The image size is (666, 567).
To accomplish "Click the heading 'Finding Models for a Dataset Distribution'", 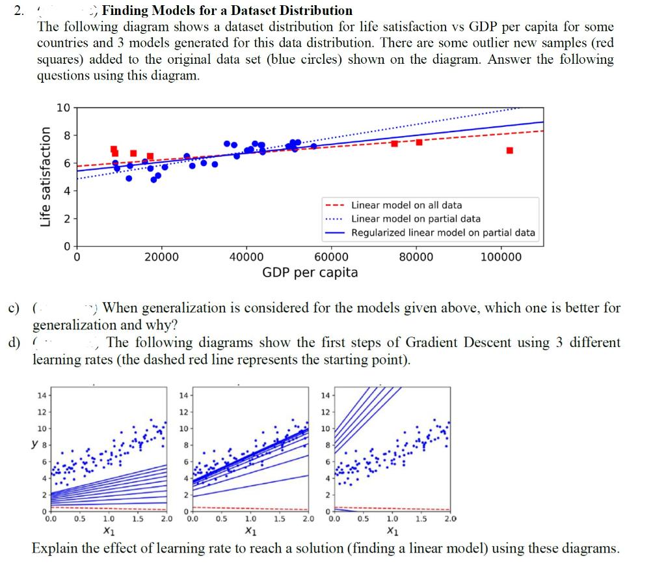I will point(228,10).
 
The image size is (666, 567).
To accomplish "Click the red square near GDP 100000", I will point(509,150).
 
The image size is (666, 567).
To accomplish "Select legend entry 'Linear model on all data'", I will point(406,205).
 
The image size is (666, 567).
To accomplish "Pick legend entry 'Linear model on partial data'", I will point(416,219).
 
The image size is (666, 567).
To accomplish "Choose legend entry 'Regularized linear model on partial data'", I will point(443,232).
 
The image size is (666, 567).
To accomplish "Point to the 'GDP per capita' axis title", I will point(310,272).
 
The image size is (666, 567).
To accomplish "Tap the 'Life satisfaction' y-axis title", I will point(46,176).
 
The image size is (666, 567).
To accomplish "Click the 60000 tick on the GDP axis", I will point(331,257).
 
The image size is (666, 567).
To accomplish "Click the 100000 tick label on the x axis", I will point(501,257).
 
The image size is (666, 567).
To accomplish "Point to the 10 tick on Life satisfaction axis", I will point(63,108).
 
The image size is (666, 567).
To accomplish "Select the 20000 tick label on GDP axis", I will point(161,257).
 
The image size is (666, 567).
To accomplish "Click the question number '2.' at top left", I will point(20,11).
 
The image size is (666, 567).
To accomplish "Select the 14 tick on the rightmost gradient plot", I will point(326,396).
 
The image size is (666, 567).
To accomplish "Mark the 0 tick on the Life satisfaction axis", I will point(65,246).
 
